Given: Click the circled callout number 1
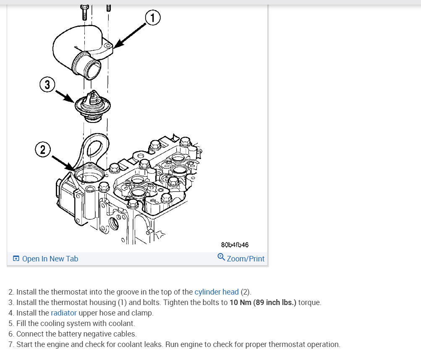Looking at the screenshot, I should coord(153,17).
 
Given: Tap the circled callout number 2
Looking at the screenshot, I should coord(42,149).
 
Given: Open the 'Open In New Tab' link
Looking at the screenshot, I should coord(50,259).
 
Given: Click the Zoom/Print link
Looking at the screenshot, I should coord(246,259).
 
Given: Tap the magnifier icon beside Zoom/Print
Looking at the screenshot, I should coord(221,257).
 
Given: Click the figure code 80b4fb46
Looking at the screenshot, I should coord(235,245).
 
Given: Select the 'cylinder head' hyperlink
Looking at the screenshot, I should coord(217,292).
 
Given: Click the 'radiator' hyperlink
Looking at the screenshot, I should coord(64,313).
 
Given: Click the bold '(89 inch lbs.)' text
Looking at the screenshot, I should coord(275,303).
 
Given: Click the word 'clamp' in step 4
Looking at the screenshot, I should coord(144,313).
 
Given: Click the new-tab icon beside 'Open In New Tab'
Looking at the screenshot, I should coord(16,259).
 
